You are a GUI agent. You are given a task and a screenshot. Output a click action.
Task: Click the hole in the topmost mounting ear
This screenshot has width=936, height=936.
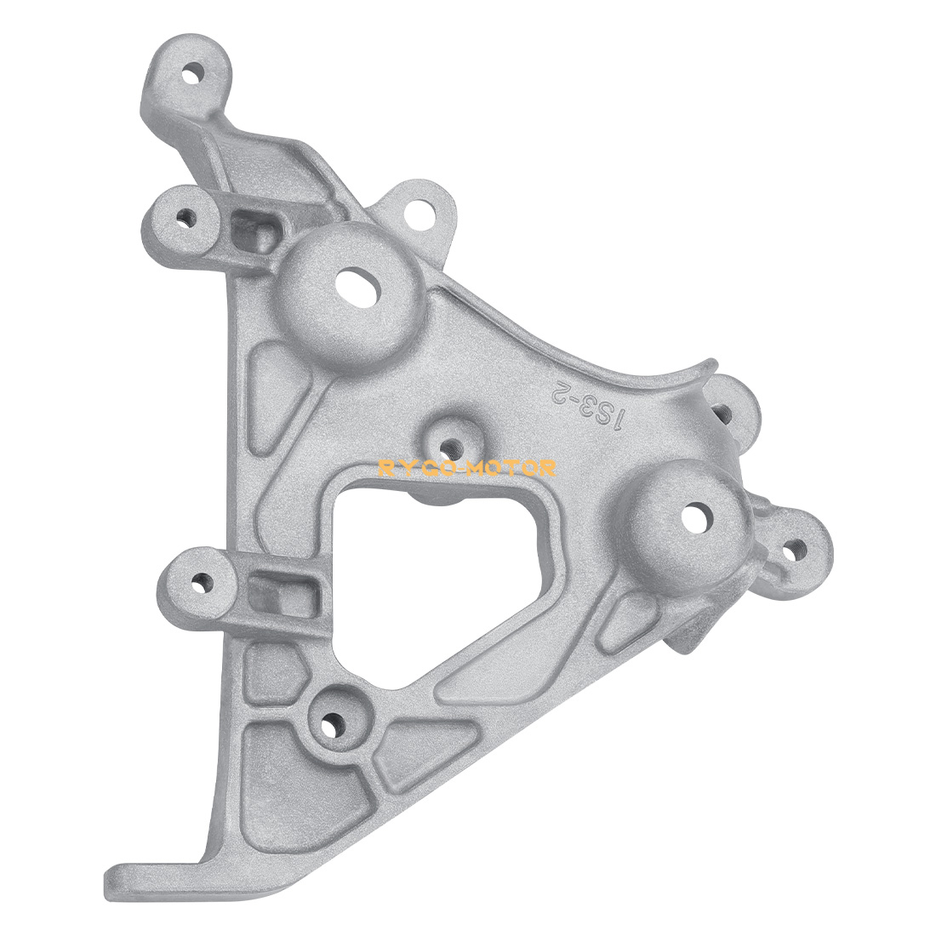193,75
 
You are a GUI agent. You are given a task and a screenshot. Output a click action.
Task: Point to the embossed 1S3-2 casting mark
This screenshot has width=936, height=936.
591,405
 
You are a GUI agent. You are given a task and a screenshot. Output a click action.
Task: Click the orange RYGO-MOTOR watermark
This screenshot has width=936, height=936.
467,468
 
